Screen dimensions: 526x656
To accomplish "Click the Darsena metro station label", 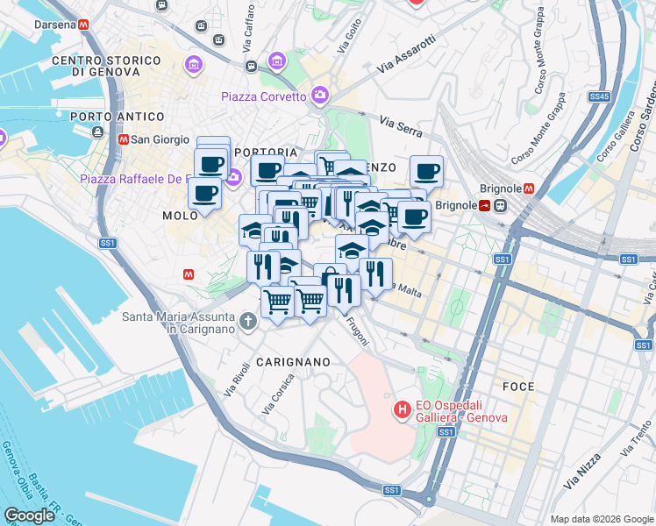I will (x=55, y=25).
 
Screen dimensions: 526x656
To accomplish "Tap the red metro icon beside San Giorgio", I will (x=124, y=139).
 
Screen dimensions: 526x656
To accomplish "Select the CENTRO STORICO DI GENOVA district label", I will (x=106, y=66).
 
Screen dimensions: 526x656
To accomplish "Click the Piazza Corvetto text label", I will (x=263, y=96).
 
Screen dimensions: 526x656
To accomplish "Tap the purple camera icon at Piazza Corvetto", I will (x=320, y=95).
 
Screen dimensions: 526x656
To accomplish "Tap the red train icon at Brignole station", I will (x=485, y=205).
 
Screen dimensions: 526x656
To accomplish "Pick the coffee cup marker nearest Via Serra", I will (x=427, y=171).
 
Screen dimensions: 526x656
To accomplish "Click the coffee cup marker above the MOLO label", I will (x=204, y=193).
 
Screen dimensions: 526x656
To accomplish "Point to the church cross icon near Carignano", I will (x=247, y=322).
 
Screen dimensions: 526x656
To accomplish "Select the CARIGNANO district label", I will (x=293, y=361).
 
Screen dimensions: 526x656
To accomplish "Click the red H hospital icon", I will (x=402, y=409).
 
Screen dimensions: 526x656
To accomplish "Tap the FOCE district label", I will (x=518, y=387).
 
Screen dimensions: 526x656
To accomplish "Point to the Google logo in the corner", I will (x=30, y=515).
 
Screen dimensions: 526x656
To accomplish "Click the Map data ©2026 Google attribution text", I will (x=601, y=519).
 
